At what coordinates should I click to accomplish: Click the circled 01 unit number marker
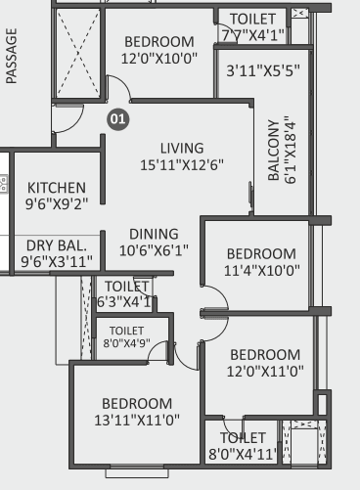[118, 119]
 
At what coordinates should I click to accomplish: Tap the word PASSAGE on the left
[12, 56]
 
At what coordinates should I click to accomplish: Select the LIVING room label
[182, 149]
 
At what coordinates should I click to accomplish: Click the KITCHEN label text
[57, 188]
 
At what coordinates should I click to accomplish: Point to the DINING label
[154, 234]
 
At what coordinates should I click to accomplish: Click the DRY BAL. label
[57, 245]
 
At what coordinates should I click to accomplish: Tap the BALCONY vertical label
[274, 150]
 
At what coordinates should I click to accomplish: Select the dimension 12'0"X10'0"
[159, 59]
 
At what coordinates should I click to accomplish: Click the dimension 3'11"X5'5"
[263, 70]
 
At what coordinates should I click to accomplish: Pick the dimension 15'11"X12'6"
[182, 165]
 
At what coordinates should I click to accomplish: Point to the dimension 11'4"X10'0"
[262, 271]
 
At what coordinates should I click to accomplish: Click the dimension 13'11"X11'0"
[137, 420]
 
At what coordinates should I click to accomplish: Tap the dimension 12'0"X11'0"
[265, 372]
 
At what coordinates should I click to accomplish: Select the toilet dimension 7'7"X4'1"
[253, 35]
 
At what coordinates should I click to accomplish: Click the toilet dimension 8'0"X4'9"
[126, 343]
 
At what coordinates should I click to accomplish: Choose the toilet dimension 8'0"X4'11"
[243, 454]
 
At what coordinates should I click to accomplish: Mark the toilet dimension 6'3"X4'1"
[124, 302]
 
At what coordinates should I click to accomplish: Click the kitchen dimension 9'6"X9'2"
[57, 204]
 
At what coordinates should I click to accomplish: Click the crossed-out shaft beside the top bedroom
[78, 53]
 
